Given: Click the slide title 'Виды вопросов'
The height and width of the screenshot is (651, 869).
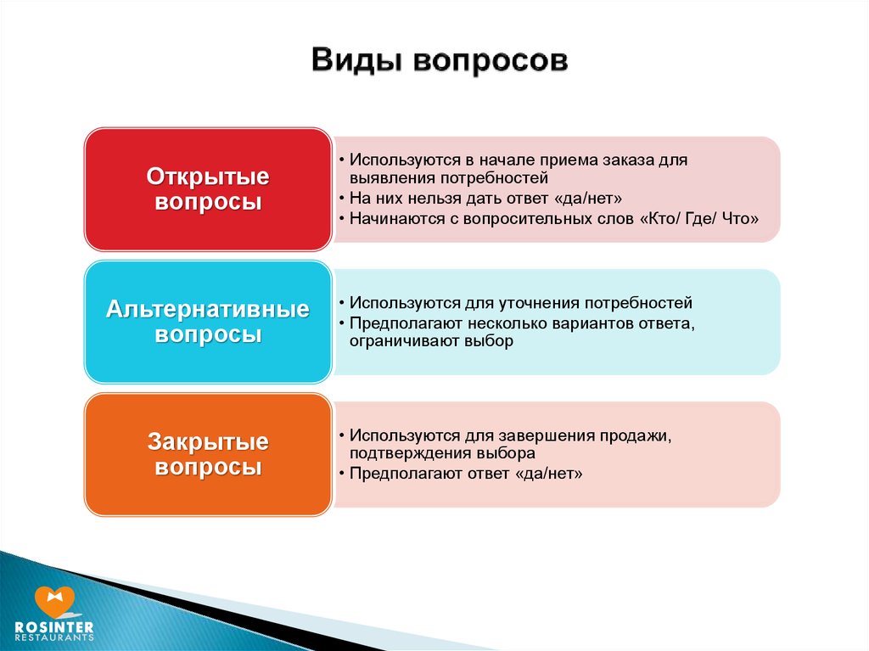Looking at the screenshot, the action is click(x=440, y=60).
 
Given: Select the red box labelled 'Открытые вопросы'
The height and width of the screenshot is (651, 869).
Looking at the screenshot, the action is click(x=209, y=189).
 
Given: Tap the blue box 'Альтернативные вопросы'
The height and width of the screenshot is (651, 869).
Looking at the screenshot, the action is click(x=209, y=322).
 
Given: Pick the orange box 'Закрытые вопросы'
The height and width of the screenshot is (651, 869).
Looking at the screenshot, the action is click(x=209, y=454).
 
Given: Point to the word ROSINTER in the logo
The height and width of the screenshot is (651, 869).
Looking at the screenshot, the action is click(x=54, y=627).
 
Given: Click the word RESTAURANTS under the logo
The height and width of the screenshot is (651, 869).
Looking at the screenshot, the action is click(x=54, y=637).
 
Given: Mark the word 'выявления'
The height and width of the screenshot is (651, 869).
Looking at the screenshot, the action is click(x=393, y=178).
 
